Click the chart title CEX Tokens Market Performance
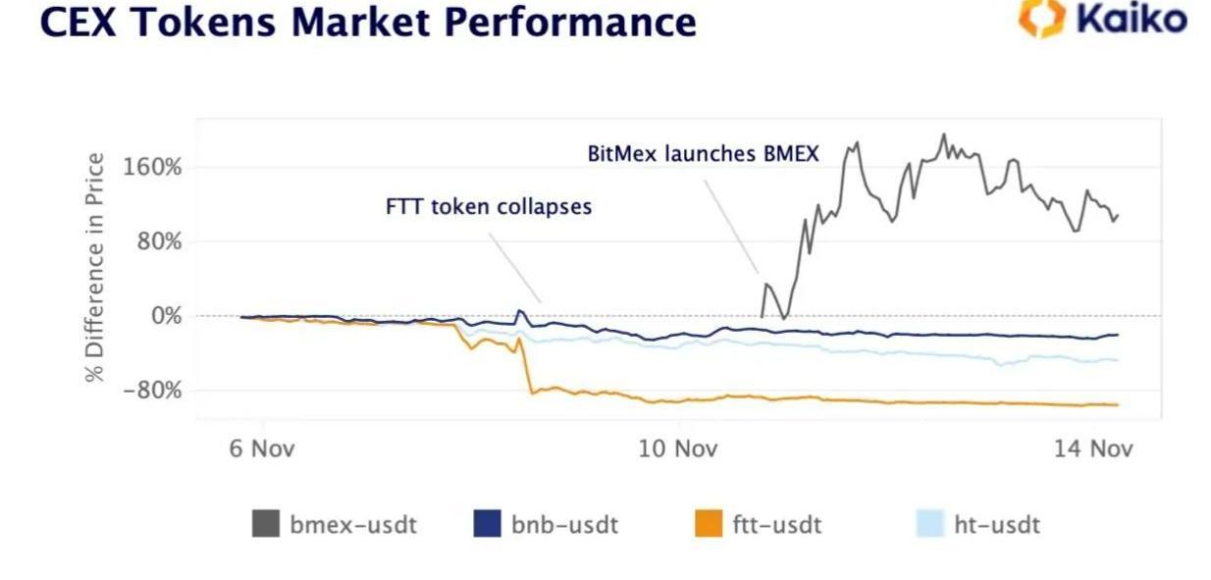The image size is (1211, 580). pos(368,21)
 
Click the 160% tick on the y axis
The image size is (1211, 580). pos(152,166)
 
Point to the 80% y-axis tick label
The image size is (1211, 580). pos(159,241)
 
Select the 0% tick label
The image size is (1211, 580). pos(165,316)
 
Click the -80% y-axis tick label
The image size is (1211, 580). pos(152,391)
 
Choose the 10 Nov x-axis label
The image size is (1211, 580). pos(678,448)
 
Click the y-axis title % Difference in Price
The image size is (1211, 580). pos(95,267)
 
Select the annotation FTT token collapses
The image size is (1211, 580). pos(489,207)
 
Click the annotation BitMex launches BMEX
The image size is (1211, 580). pos(703,154)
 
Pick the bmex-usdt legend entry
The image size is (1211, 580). pos(336,524)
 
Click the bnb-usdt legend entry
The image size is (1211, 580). pos(547,524)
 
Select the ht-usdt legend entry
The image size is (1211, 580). pos(977,524)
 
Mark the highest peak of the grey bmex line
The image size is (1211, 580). pos(944,134)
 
